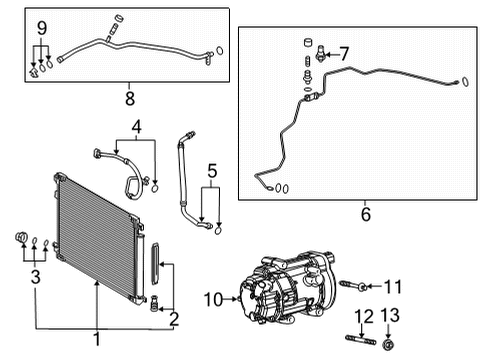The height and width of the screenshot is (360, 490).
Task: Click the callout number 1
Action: pyautogui.click(x=97, y=337)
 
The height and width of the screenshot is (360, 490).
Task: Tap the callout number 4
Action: pyautogui.click(x=135, y=127)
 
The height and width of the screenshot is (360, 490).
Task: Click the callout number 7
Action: pyautogui.click(x=344, y=52)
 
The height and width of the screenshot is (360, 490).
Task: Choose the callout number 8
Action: pyautogui.click(x=128, y=99)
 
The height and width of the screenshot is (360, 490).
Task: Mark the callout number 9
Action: pyautogui.click(x=40, y=27)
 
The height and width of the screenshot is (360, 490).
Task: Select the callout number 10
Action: pyautogui.click(x=213, y=297)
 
